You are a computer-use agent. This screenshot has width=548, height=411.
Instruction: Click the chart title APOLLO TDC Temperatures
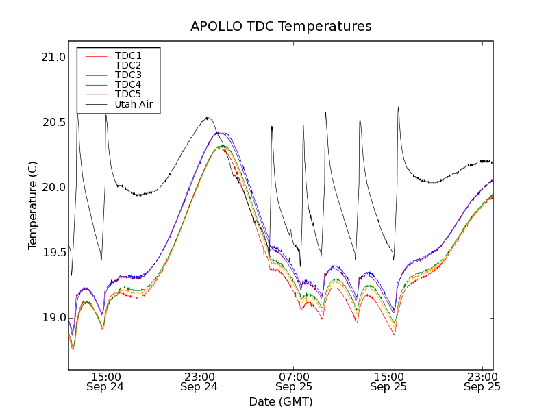coord(281,27)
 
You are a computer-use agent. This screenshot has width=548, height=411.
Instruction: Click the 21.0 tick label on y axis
coord(53,58)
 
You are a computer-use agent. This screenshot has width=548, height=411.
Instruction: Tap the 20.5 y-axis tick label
coord(53,123)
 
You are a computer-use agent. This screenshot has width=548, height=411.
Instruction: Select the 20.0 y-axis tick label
coord(53,188)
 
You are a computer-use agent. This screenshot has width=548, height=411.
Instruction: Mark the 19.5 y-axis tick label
coord(53,253)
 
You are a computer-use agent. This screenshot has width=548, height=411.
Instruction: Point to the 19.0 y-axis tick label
coord(53,318)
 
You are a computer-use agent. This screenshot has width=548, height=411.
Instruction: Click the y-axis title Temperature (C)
coord(33,206)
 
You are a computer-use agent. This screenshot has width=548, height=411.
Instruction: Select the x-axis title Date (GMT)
coord(281,401)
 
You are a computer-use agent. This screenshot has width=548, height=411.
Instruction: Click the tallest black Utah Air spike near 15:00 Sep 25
coord(398,108)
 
